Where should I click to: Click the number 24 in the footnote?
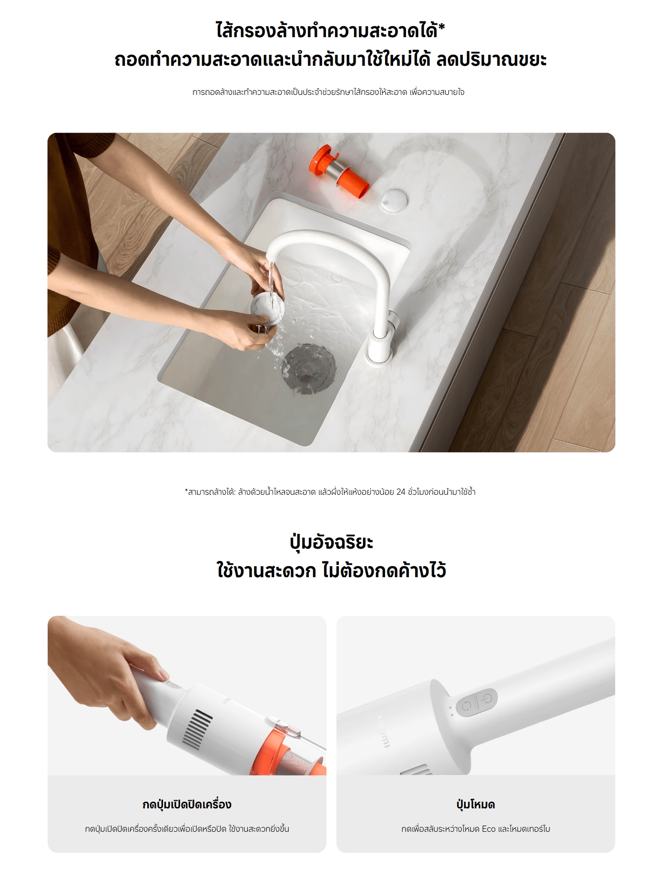coord(401,491)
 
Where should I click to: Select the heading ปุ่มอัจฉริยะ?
coord(331,542)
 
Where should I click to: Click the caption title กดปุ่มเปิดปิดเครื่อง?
coord(187,805)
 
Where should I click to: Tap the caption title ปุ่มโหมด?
coord(476,805)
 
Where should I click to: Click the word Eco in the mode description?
coord(488,829)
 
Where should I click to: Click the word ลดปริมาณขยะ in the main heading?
coord(491,60)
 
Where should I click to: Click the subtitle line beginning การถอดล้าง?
coord(328,92)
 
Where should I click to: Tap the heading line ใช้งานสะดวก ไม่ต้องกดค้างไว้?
coord(331,571)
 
